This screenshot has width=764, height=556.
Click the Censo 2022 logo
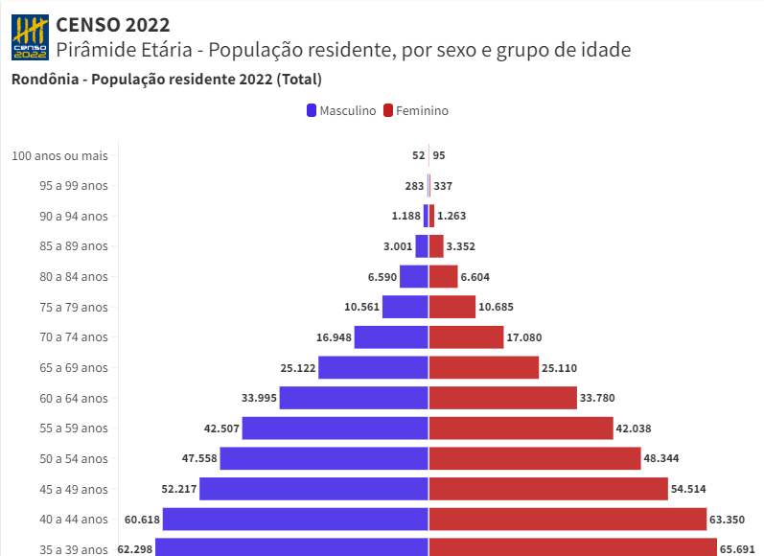[x=29, y=36]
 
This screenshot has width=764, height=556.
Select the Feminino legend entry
[x=416, y=110]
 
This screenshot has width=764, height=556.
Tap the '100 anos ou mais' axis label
[x=59, y=155]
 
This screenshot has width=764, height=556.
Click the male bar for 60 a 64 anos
[x=353, y=398]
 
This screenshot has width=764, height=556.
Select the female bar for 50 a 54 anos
[x=534, y=458]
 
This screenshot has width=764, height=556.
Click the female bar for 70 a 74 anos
[x=466, y=337]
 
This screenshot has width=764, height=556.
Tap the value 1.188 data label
[x=406, y=216]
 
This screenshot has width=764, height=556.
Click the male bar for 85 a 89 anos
[x=421, y=246]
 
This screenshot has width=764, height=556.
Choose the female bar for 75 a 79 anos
[x=452, y=307]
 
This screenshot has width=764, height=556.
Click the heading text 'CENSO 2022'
[x=113, y=24]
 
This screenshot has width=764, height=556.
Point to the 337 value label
[x=443, y=186]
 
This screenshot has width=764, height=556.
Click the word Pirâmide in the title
[x=96, y=50]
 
